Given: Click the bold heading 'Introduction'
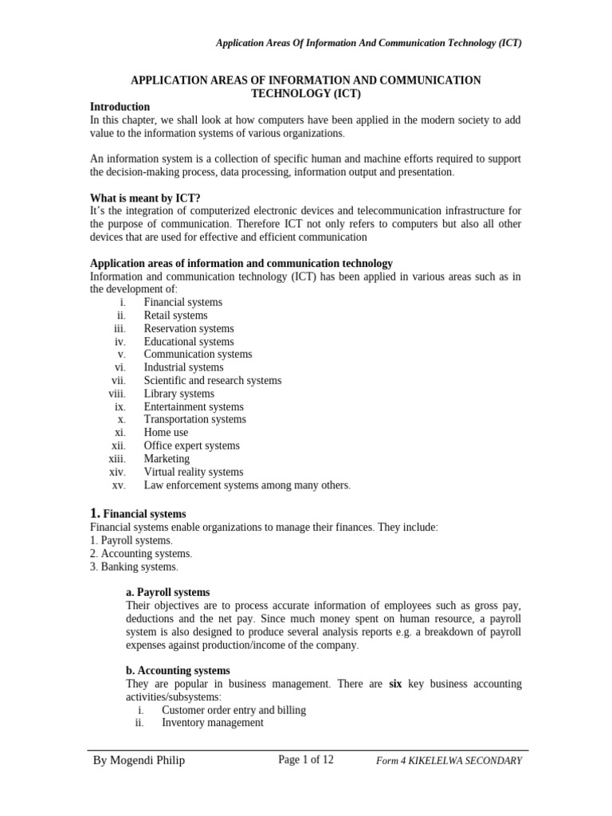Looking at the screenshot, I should pyautogui.click(x=120, y=107).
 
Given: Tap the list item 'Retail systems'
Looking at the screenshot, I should pyautogui.click(x=175, y=316).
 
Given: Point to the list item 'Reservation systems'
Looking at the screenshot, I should pyautogui.click(x=189, y=328).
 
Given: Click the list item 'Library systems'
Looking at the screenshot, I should pyautogui.click(x=178, y=394).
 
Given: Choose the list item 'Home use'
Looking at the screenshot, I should pyautogui.click(x=166, y=433).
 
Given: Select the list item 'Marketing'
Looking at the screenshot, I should pyautogui.click(x=167, y=459).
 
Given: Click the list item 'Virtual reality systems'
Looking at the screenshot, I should pyautogui.click(x=194, y=472).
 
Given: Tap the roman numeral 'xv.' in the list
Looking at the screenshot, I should pyautogui.click(x=120, y=485).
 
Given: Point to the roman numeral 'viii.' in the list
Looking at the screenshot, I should pyautogui.click(x=117, y=394).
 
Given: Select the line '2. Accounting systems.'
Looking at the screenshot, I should pyautogui.click(x=141, y=553).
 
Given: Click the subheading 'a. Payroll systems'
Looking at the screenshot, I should pyautogui.click(x=168, y=592).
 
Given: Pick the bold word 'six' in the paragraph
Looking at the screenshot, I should pyautogui.click(x=394, y=684).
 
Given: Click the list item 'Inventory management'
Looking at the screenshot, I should pyautogui.click(x=212, y=723).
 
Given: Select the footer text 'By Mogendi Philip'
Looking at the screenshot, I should pyautogui.click(x=139, y=760).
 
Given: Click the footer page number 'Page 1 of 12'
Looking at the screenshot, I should pyautogui.click(x=305, y=759).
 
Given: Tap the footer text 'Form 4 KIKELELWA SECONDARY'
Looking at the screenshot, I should pyautogui.click(x=449, y=761).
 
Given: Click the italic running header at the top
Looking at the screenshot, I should pyautogui.click(x=369, y=43).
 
